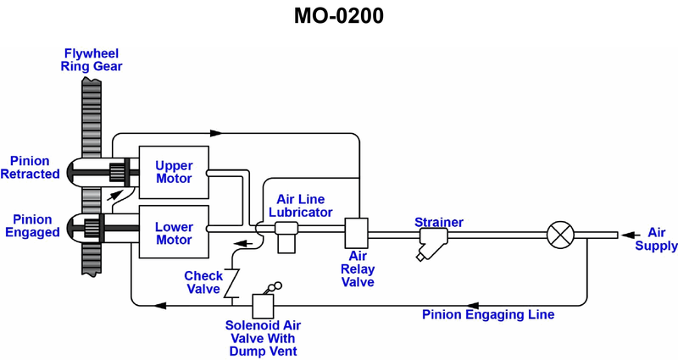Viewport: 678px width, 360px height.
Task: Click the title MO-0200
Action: [x=339, y=16]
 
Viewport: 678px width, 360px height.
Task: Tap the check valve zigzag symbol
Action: [x=229, y=280]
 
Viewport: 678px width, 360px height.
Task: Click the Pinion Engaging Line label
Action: [x=488, y=315]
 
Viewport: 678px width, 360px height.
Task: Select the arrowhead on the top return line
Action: [x=215, y=133]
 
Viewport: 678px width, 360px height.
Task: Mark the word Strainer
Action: [x=439, y=222]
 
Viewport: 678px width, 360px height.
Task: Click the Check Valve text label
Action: [x=203, y=282]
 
